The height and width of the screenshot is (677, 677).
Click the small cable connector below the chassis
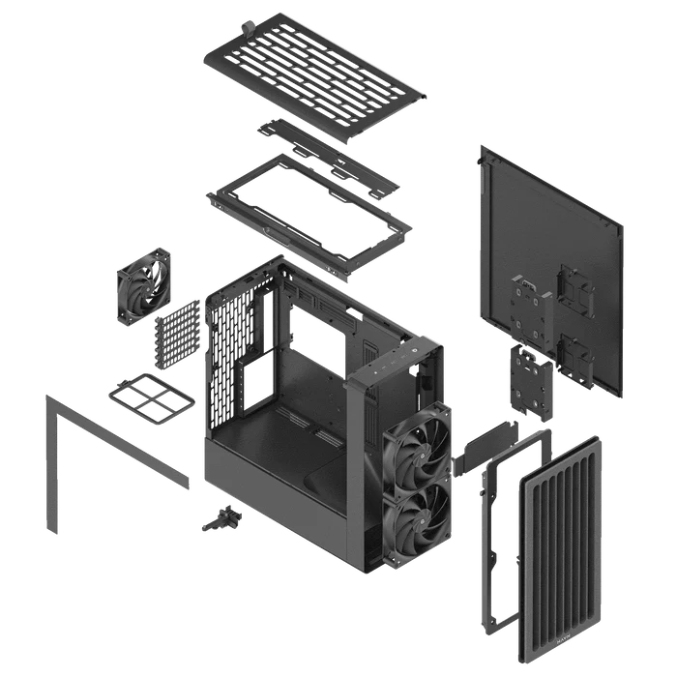tap(221, 520)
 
